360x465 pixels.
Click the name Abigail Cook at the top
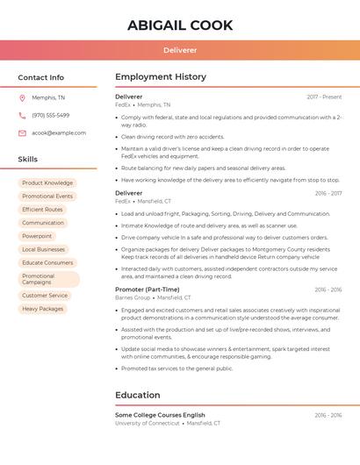pos(180,25)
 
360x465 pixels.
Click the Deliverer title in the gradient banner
pos(180,50)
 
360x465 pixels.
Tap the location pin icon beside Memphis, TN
pos(22,97)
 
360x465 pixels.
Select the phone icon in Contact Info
pos(22,115)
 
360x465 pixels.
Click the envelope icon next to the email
pos(22,133)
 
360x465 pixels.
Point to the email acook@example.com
pos(59,133)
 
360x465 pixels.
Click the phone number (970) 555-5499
pos(50,115)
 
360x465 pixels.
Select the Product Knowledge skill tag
pos(47,183)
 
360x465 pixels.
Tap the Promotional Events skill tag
pos(47,197)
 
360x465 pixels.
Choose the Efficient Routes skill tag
pos(43,210)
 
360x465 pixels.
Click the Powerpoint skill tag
pos(37,236)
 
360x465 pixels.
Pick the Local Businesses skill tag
pos(44,249)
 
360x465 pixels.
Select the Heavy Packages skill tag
pos(43,309)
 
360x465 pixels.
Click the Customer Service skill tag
pos(45,296)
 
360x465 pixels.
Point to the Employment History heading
pos(161,77)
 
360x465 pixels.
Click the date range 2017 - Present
pos(324,97)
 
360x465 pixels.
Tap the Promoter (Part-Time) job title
pos(147,290)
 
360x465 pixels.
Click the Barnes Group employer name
pos(133,297)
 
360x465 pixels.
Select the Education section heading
pos(137,395)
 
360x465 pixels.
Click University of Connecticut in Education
pos(147,423)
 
